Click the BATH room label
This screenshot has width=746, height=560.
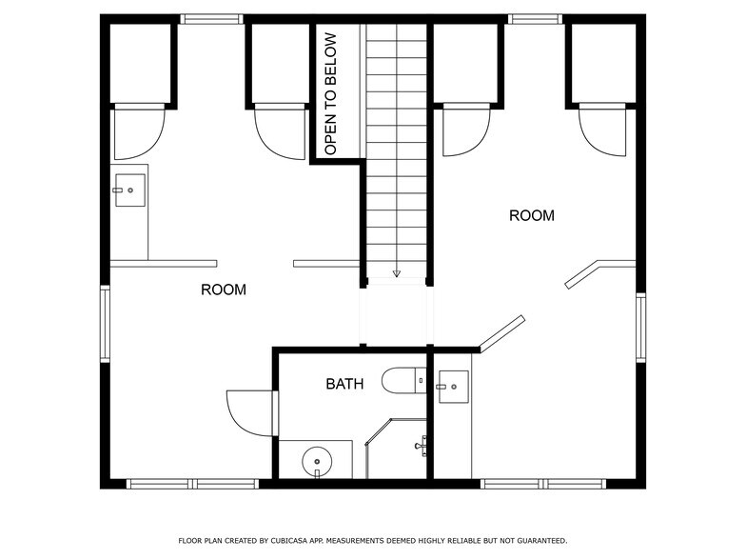click(x=344, y=384)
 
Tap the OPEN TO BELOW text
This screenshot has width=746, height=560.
click(x=330, y=93)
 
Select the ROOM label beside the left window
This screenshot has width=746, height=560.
click(x=223, y=290)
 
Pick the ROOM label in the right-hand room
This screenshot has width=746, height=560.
click(x=531, y=215)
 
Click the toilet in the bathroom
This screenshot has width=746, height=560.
click(x=404, y=381)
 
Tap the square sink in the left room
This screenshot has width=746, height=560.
click(x=129, y=190)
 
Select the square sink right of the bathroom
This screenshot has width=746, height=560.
click(x=453, y=387)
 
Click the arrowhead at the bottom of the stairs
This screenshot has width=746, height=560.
click(x=396, y=274)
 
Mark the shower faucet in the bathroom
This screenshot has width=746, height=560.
click(x=421, y=446)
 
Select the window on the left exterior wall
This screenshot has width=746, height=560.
click(x=105, y=324)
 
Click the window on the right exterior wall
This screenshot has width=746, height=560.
click(x=641, y=328)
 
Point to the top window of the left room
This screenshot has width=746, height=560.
click(x=211, y=19)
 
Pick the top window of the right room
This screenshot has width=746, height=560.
click(x=535, y=19)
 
